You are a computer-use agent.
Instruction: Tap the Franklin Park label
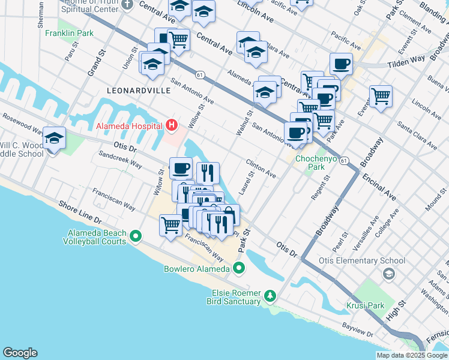(x=69, y=33)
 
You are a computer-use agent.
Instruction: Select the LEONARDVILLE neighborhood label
(x=139, y=90)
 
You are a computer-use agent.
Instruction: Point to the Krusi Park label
(x=364, y=305)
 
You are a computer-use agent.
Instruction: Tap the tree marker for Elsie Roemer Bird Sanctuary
(x=270, y=295)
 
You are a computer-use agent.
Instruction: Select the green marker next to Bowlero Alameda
(x=239, y=268)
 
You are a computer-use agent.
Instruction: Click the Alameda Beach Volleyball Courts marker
(x=136, y=236)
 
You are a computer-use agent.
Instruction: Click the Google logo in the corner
(x=20, y=353)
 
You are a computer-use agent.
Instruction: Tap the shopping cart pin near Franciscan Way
(x=170, y=226)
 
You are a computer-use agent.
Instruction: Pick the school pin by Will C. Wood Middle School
(x=54, y=139)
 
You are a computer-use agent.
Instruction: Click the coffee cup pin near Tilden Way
(x=341, y=64)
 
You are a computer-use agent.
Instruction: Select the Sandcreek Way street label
(x=120, y=163)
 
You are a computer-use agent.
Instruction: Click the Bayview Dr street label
(x=358, y=334)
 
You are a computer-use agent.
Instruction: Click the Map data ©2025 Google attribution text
(x=412, y=355)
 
